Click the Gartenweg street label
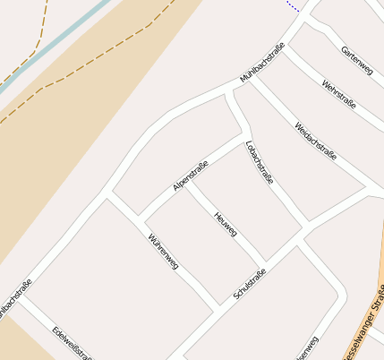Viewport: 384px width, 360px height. (357, 59)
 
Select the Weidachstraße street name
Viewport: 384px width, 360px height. (315, 141)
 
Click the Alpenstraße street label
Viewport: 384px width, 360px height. (191, 176)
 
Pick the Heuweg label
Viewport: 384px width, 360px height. (225, 223)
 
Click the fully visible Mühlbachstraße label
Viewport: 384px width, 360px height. (262, 64)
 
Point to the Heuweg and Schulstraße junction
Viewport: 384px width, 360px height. (266, 264)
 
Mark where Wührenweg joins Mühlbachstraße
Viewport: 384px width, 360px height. (108, 193)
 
